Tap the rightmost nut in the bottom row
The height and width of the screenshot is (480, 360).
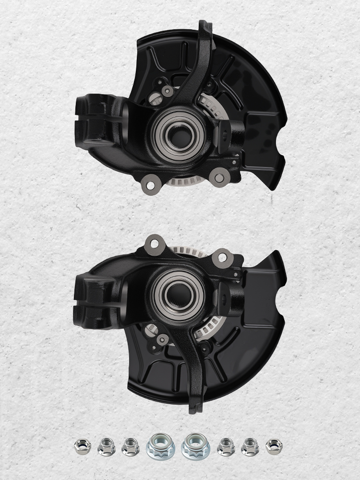point(274,447)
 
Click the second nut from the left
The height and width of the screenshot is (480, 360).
point(106,447)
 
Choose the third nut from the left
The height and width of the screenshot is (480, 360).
point(130,446)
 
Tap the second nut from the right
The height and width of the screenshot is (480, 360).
point(250,447)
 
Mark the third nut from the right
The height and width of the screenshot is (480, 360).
point(226,446)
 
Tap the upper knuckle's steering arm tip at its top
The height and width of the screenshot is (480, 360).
point(206,25)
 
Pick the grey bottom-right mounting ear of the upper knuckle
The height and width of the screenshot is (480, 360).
point(219,178)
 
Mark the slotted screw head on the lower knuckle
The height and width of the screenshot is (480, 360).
point(153,329)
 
